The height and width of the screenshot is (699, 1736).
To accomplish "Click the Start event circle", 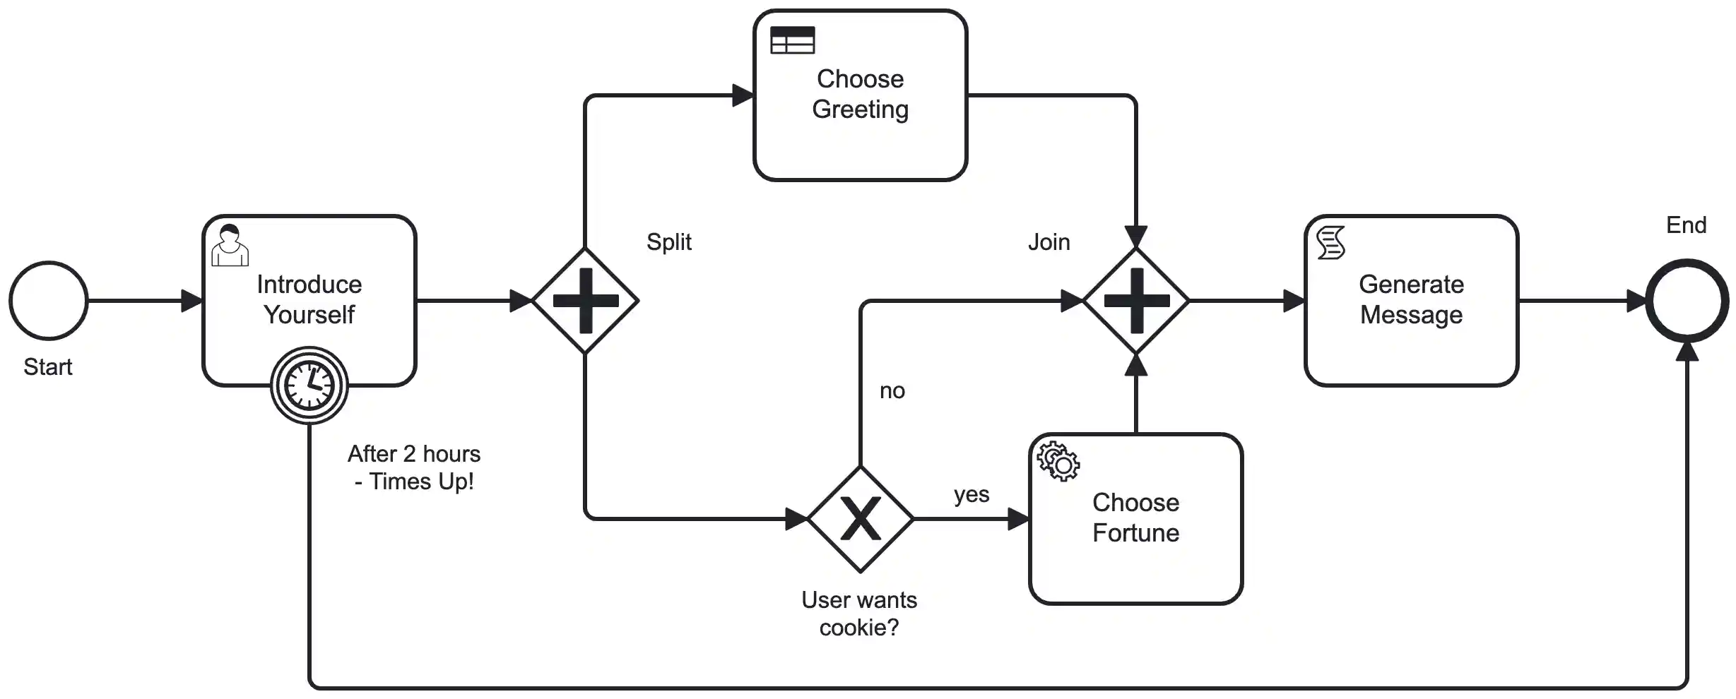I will pos(48,301).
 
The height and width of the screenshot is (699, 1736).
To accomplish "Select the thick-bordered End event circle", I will pos(1687,301).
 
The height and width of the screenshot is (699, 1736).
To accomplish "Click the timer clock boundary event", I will pos(309,386).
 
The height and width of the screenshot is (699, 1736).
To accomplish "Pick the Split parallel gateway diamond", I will pos(585,301).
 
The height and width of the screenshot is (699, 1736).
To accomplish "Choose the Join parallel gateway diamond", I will pos(1135,301).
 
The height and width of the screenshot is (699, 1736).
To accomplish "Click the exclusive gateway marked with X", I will pos(860,519).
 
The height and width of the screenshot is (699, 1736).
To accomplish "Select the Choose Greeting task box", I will pos(860,95).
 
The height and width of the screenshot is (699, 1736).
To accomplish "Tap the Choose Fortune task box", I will pos(1135,519).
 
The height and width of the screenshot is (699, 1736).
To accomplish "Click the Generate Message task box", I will pos(1411,301).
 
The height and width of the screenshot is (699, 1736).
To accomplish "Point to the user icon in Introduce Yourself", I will pos(230,245).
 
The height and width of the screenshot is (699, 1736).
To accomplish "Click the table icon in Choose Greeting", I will pos(792,40).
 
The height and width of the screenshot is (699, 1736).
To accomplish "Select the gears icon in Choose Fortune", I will pos(1058,461).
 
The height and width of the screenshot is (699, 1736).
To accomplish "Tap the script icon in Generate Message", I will pos(1330,243).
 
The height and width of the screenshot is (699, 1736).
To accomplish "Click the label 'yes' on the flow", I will pos(971,495).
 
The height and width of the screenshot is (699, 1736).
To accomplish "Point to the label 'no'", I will pos(892,390).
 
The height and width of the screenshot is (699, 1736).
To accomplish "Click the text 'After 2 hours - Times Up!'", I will pos(414,467).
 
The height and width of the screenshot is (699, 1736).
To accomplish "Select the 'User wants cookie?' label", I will pos(859,614).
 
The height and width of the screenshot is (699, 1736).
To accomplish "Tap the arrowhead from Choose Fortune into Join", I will pos(1135,364).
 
